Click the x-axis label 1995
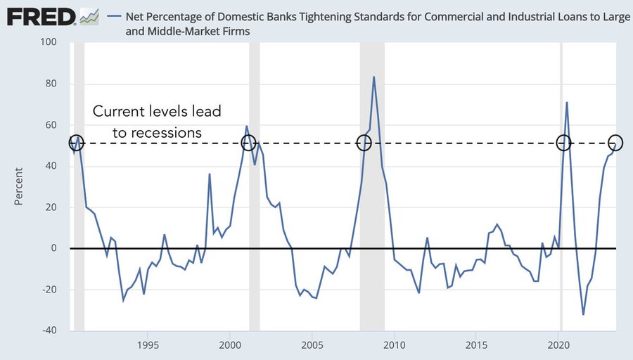pyautogui.click(x=147, y=346)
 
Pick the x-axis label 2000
pyautogui.click(x=229, y=346)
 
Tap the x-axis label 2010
pyautogui.click(x=394, y=346)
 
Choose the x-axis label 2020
pyautogui.click(x=558, y=346)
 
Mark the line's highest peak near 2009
pyautogui.click(x=373, y=77)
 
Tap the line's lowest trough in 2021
pyautogui.click(x=584, y=314)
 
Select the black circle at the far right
pyautogui.click(x=615, y=143)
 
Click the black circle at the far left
pyautogui.click(x=77, y=143)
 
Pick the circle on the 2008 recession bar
pyautogui.click(x=364, y=143)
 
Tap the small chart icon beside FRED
pyautogui.click(x=89, y=15)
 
